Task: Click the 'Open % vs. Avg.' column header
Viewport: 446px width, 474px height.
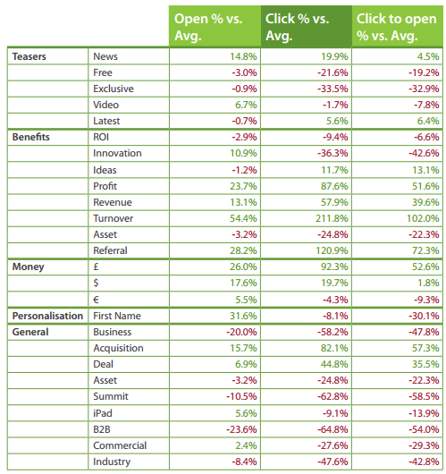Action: click(x=214, y=26)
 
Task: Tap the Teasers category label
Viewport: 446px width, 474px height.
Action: click(x=29, y=55)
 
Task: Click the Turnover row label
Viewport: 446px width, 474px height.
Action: click(x=113, y=218)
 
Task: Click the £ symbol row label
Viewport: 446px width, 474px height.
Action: click(x=96, y=267)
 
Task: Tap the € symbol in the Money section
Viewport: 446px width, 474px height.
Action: click(x=96, y=299)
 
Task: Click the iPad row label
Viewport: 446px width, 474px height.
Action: click(x=104, y=413)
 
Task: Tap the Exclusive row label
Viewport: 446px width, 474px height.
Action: click(x=113, y=89)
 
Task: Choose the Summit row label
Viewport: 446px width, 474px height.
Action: click(x=110, y=396)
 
